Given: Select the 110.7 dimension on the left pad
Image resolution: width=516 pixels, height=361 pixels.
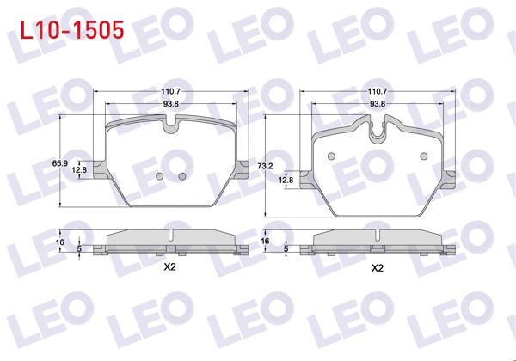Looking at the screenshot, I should tap(169, 91).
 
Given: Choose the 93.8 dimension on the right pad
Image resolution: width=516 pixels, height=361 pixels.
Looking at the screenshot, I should tap(377, 104).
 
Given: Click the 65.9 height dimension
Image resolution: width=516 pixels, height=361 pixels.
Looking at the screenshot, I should tap(58, 162).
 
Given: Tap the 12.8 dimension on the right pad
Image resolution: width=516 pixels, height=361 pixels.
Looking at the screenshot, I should tap(286, 180).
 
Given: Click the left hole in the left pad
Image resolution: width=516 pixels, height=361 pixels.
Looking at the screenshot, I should tap(159, 177).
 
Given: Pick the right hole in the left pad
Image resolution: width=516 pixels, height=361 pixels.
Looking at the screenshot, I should tap(181, 177).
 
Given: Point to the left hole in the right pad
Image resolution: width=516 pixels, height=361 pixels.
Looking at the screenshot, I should tap(331, 156).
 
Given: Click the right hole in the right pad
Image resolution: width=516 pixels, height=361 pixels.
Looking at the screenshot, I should tap(422, 156).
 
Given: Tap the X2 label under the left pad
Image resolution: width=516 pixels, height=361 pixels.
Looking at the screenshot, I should tap(169, 267).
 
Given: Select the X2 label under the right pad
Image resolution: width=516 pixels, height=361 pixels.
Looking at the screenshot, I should tap(377, 268).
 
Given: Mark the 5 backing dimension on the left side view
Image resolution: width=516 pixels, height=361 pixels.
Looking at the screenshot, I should tap(79, 248).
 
